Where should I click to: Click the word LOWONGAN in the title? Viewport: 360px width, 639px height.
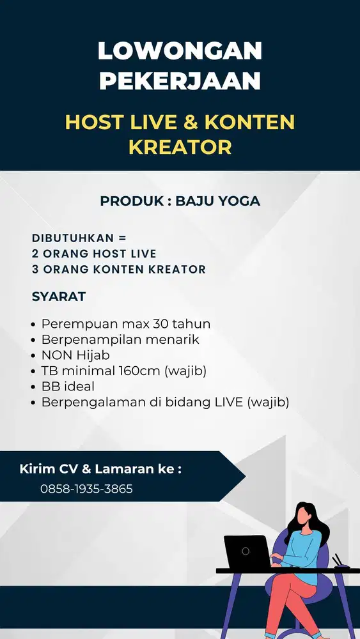[x=180, y=50]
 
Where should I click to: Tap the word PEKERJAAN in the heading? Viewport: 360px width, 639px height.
[x=180, y=81]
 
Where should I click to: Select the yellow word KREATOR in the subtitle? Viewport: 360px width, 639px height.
[x=180, y=147]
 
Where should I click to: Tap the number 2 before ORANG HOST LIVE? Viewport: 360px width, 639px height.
[x=36, y=253]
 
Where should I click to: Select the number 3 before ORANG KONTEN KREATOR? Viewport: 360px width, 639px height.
[x=36, y=269]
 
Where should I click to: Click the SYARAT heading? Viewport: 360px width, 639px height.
[x=58, y=296]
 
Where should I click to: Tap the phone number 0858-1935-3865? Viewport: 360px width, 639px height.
[x=86, y=489]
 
